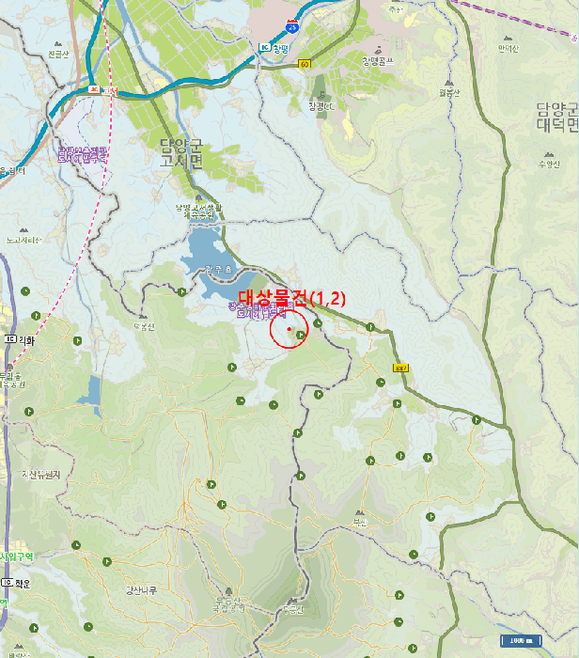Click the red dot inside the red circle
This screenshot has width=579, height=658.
pos(289,329)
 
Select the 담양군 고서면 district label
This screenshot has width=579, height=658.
pos(180,152)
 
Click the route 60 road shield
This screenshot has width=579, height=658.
pos(305,64)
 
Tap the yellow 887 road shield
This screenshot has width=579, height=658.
pos(401,368)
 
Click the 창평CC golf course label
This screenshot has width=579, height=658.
pos(321,105)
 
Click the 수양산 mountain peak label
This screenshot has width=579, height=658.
pos(548,164)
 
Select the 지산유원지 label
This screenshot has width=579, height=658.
pos(40,475)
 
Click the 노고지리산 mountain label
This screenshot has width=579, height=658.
pos(23,240)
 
